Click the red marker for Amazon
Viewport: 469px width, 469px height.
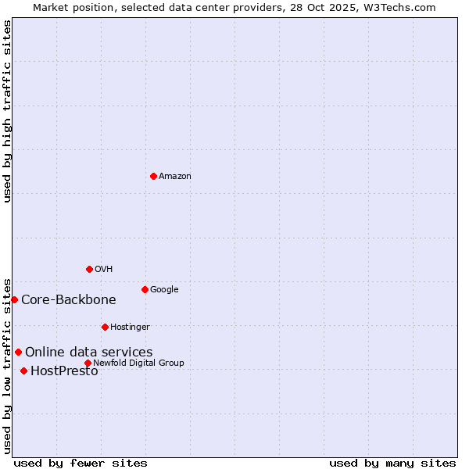153,176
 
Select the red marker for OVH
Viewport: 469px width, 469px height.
89,269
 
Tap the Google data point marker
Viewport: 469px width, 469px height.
145,289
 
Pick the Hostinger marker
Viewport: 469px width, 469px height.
105,327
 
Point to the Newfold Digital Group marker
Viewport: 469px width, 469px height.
88,363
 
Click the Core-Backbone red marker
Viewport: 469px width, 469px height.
14,299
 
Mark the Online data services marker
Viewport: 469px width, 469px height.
18,352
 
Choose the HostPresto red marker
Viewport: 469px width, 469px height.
23,371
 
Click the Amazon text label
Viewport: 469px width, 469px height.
175,177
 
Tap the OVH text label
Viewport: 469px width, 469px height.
104,270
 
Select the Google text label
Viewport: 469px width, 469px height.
164,290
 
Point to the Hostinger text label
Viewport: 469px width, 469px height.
130,328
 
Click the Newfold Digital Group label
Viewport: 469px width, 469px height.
138,363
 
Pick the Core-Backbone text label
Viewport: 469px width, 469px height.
69,299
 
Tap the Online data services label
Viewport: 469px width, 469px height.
88,352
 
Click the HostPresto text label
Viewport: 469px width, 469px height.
64,371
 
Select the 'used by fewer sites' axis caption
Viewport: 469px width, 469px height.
81,463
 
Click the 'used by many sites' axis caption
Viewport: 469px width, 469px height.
392,463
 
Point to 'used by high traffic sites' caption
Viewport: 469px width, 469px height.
7,111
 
